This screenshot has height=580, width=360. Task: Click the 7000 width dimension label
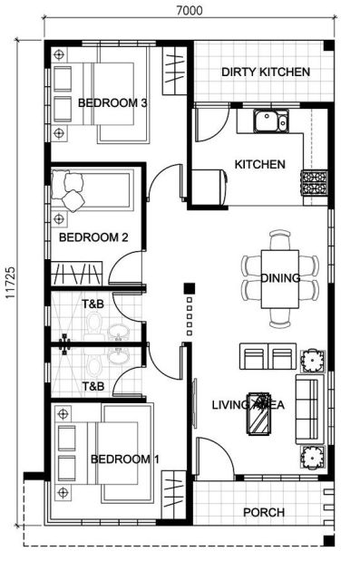(189, 10)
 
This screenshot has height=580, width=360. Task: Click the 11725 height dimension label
(10, 283)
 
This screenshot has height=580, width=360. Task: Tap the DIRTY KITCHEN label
(266, 72)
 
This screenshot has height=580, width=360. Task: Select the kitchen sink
(270, 121)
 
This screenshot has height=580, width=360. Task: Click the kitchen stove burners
(314, 183)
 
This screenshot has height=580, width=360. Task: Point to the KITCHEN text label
(259, 164)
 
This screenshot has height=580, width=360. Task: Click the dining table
(279, 279)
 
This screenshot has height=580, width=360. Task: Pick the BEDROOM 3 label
(112, 102)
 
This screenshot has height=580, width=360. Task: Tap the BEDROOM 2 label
(93, 237)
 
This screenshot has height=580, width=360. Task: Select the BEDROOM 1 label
(125, 459)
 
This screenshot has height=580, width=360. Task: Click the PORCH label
(264, 512)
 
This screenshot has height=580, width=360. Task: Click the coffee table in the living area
(258, 413)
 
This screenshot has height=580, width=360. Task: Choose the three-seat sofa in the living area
(310, 409)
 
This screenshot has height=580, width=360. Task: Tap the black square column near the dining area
(190, 288)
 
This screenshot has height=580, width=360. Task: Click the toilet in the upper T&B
(93, 323)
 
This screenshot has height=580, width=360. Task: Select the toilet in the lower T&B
(94, 366)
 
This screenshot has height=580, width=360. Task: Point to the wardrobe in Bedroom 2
(76, 274)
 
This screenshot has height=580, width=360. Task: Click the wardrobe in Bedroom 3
(174, 71)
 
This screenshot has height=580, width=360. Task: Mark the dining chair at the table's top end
(279, 239)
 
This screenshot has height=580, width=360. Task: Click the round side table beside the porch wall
(313, 457)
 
